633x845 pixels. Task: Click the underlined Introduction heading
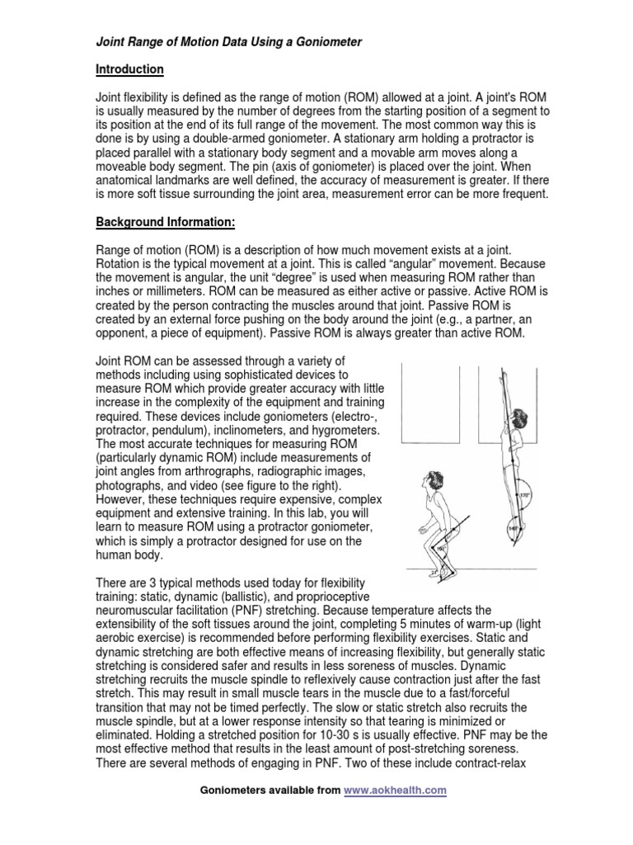tap(130, 69)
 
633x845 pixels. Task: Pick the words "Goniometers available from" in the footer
tap(270, 790)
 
